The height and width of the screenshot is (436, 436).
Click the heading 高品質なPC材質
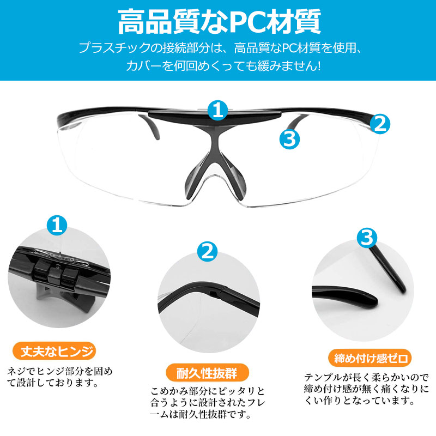tap(220, 22)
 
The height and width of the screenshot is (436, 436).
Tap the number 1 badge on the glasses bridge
tap(217, 110)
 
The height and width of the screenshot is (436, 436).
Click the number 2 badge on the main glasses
tap(380, 124)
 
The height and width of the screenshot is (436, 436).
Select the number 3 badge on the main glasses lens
tap(289, 139)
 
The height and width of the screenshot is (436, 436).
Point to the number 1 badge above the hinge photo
tap(57, 225)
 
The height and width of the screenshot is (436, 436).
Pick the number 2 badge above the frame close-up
tap(208, 252)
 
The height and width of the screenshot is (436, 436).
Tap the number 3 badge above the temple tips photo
tap(367, 238)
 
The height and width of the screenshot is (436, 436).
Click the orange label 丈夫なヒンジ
tap(54, 351)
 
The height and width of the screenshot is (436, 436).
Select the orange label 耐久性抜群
tap(207, 373)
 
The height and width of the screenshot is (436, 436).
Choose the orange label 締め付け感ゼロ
tap(370, 358)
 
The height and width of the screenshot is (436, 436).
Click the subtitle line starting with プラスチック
tap(220, 48)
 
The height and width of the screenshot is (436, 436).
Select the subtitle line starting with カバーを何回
tap(223, 66)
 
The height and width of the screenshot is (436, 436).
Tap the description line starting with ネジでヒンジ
tap(60, 372)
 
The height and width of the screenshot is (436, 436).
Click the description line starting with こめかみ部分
tap(208, 391)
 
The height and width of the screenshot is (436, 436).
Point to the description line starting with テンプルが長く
tap(366, 377)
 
